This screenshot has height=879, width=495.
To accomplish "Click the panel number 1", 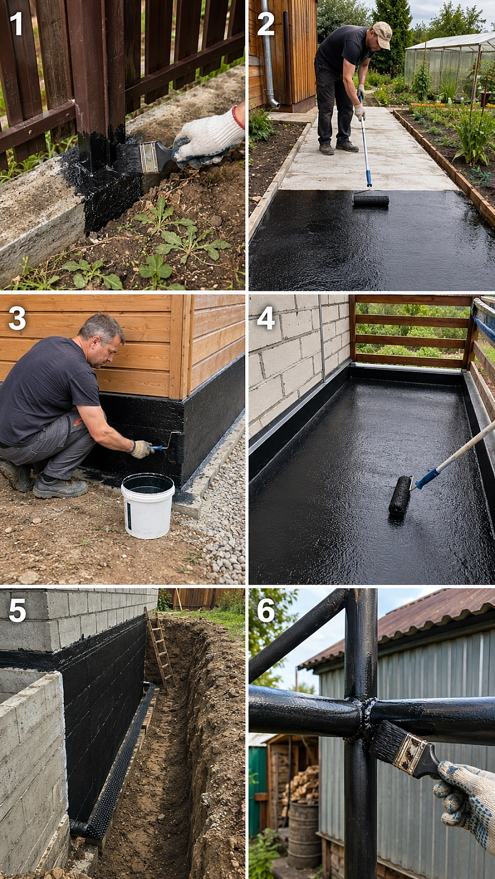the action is point(16,24).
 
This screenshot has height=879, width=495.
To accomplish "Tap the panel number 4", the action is point(266,318).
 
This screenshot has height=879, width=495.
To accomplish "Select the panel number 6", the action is point(266,611).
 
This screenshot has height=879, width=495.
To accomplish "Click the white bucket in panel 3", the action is point(148,505).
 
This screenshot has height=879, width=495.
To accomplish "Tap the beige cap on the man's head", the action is point(382,35).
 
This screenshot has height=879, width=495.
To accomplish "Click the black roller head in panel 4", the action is point(400,496).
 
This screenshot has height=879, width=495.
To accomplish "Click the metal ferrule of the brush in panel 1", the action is point(150,157).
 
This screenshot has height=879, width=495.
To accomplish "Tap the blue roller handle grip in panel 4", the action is point(427,478).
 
